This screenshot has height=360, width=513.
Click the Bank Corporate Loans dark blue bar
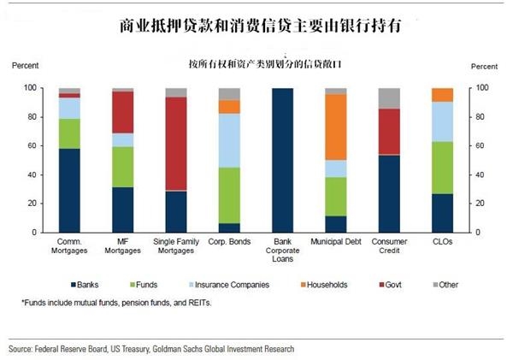(x=283, y=160)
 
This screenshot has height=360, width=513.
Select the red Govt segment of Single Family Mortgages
(x=175, y=144)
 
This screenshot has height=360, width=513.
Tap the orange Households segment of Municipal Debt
(x=336, y=127)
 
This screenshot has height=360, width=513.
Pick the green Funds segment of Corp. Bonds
(x=229, y=196)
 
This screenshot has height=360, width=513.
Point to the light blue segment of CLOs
(x=443, y=121)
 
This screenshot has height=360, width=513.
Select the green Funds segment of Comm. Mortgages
(x=69, y=133)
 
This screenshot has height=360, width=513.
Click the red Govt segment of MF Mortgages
(x=122, y=112)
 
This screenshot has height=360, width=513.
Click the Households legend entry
(x=321, y=284)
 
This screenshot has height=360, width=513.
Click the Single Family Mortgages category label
(x=175, y=249)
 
